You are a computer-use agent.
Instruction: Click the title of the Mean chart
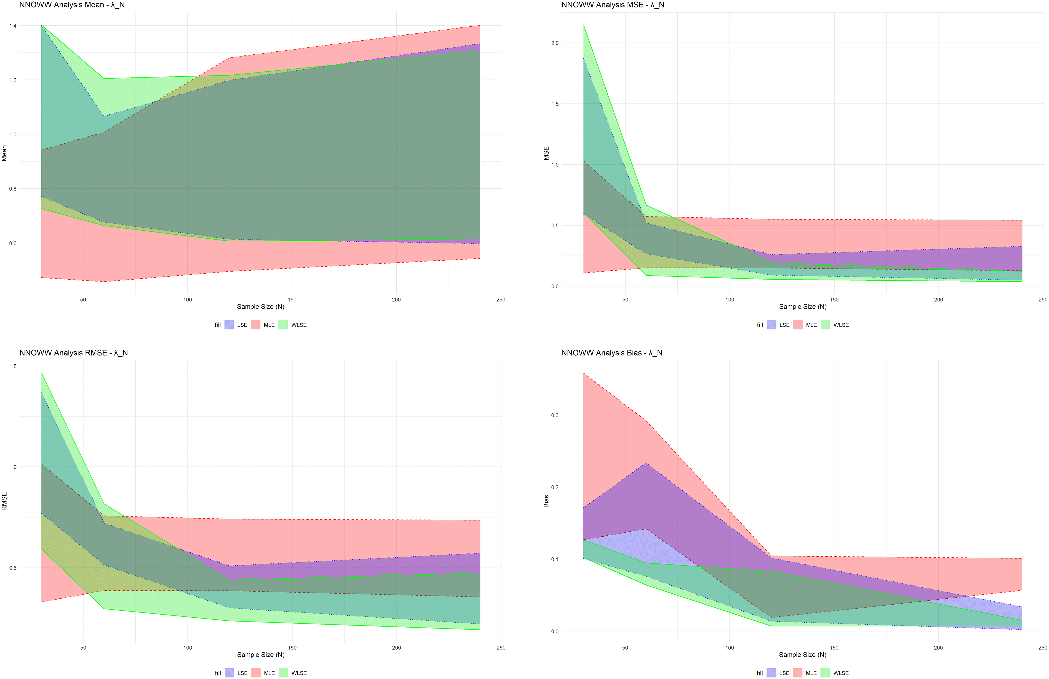(72, 5)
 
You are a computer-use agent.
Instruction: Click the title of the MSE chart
(613, 5)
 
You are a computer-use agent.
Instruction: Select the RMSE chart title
(74, 353)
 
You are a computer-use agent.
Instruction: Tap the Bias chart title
(612, 353)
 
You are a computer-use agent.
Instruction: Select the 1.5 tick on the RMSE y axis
(13, 366)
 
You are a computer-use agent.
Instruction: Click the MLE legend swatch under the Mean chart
(256, 325)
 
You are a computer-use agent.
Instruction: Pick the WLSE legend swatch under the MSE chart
(825, 325)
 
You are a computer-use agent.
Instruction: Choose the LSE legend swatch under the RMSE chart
(229, 673)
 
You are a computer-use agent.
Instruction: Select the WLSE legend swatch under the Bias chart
(825, 673)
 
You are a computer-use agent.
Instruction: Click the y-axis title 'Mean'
(4, 153)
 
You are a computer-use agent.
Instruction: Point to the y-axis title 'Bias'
(546, 501)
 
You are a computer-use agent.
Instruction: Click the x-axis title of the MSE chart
(803, 307)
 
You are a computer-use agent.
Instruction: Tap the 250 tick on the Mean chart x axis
(501, 300)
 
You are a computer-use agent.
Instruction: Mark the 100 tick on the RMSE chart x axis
(188, 648)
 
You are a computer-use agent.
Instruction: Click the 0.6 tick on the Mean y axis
(13, 243)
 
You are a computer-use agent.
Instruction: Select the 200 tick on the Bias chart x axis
(938, 648)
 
